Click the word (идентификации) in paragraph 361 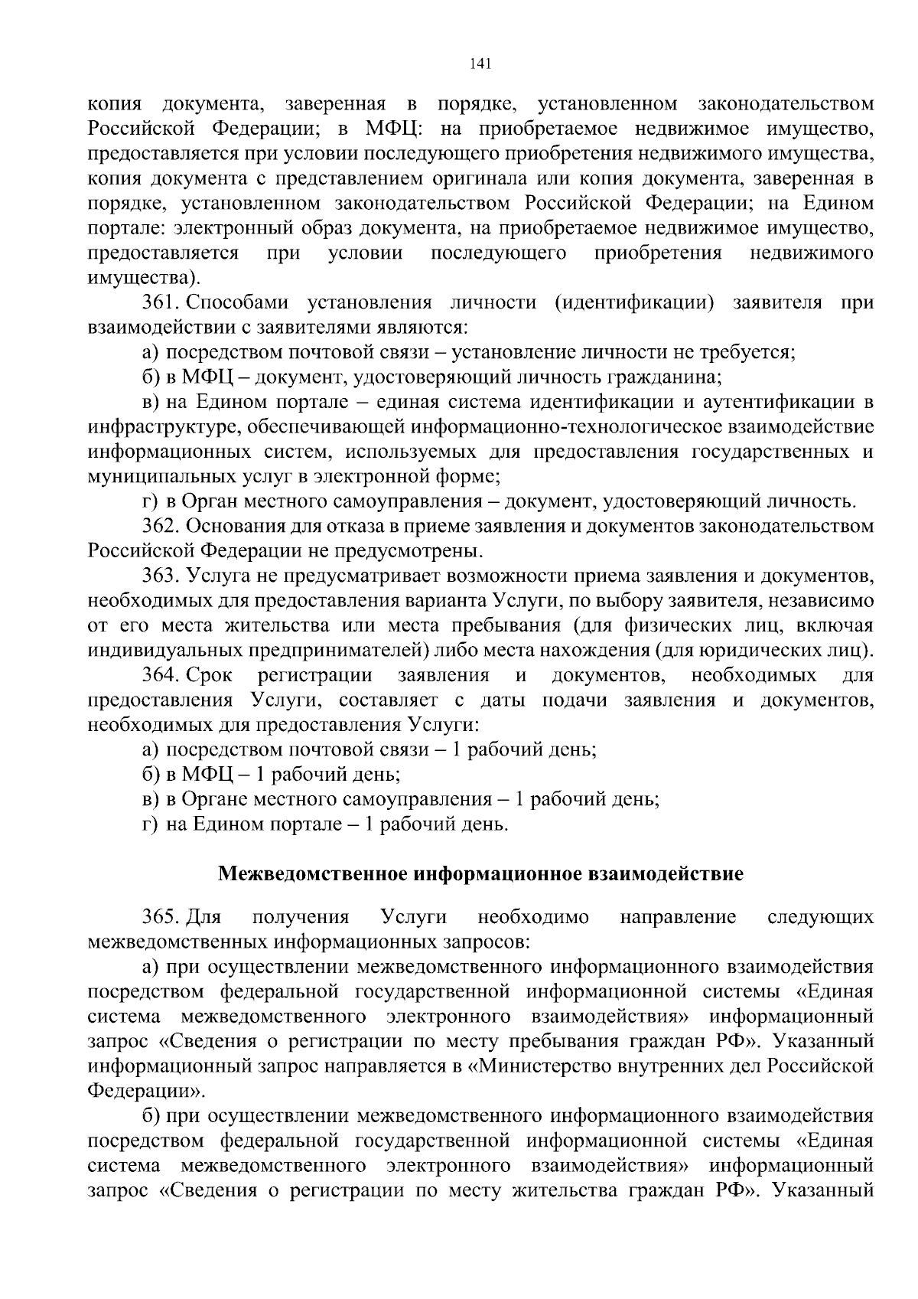[x=634, y=302]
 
